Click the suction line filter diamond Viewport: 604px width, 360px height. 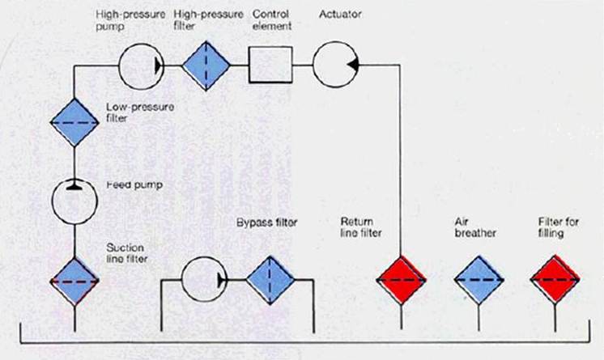pyautogui.click(x=74, y=280)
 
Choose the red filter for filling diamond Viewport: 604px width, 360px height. pyautogui.click(x=556, y=280)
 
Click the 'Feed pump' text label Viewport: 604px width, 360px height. pyautogui.click(x=134, y=184)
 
